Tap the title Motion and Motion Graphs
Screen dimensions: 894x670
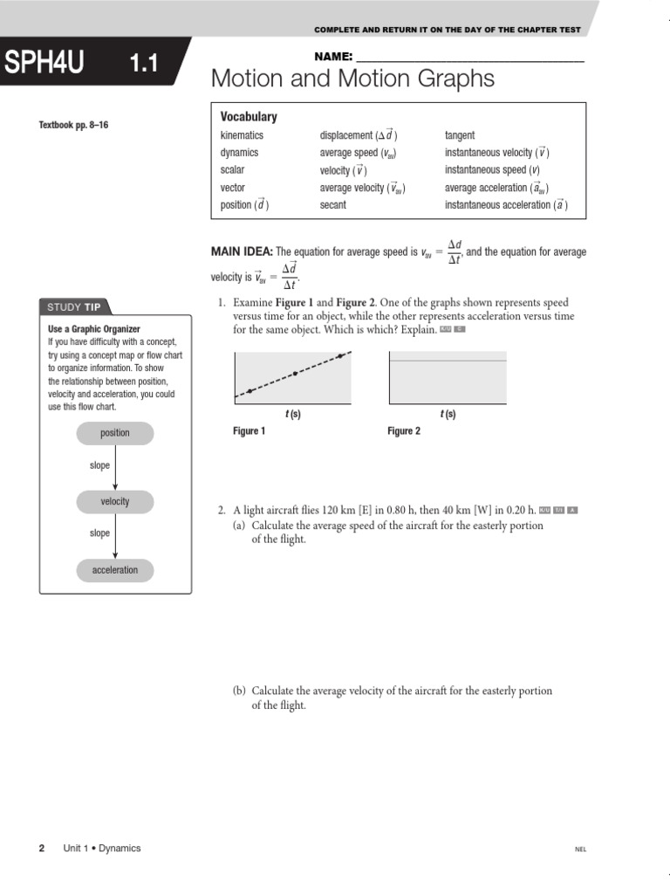tap(352, 79)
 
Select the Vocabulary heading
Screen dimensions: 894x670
tap(249, 117)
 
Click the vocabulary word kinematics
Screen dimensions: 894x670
tap(242, 135)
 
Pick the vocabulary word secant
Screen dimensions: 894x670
tap(332, 205)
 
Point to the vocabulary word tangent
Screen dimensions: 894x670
tap(460, 135)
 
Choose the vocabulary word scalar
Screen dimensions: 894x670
tap(232, 170)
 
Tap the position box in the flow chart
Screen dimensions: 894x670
tap(114, 433)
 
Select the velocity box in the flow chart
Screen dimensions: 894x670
tap(114, 501)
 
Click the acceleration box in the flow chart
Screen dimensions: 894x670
tap(114, 570)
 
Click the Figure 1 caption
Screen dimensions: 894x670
tap(249, 431)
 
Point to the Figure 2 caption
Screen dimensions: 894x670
tap(404, 431)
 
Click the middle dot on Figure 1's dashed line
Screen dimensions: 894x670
tap(295, 373)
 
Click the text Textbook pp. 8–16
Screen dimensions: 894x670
tap(73, 126)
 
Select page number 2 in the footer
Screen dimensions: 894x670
tap(42, 849)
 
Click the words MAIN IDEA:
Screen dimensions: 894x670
tap(242, 252)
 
